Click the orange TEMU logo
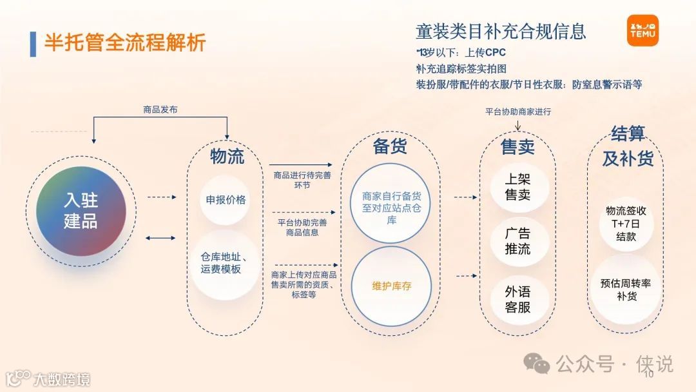tap(643, 31)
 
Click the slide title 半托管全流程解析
tap(125, 43)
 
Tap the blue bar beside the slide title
tap(33, 43)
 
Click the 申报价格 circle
tap(226, 200)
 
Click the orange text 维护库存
tap(391, 286)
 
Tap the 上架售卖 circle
tap(517, 187)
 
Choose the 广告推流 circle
tap(517, 241)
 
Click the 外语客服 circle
tap(517, 299)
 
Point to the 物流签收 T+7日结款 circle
tap(625, 223)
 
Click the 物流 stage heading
tap(227, 156)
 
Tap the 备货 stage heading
tap(390, 146)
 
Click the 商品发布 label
tap(160, 110)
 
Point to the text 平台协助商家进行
tap(518, 112)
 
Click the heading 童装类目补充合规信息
tap(501, 31)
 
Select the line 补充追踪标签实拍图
tap(461, 68)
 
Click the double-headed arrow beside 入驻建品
tap(160, 238)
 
